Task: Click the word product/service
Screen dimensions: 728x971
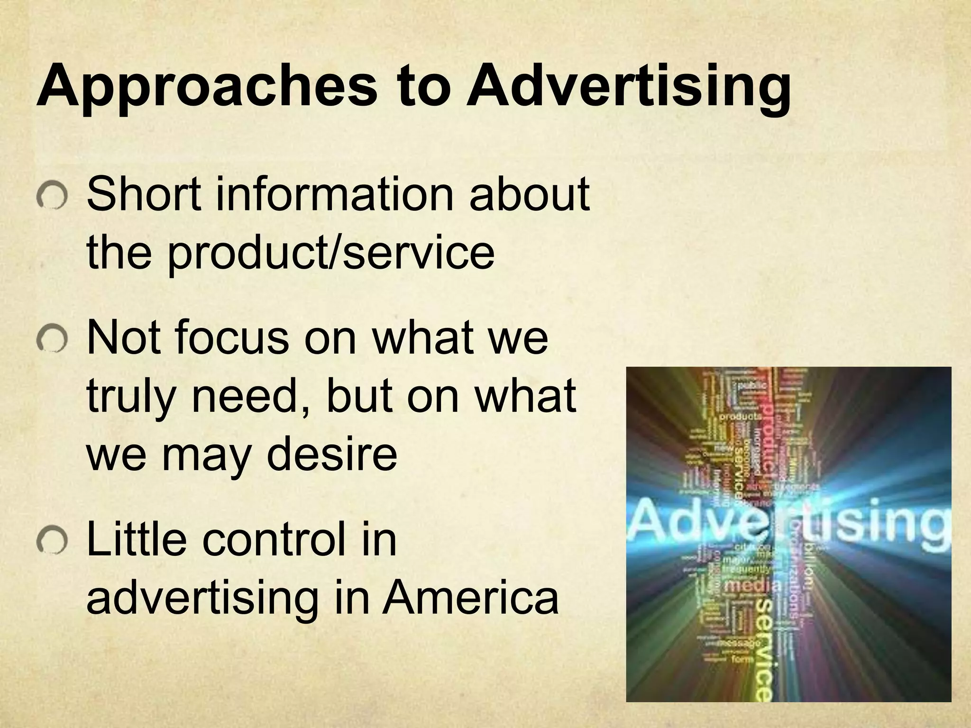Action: (330, 252)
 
